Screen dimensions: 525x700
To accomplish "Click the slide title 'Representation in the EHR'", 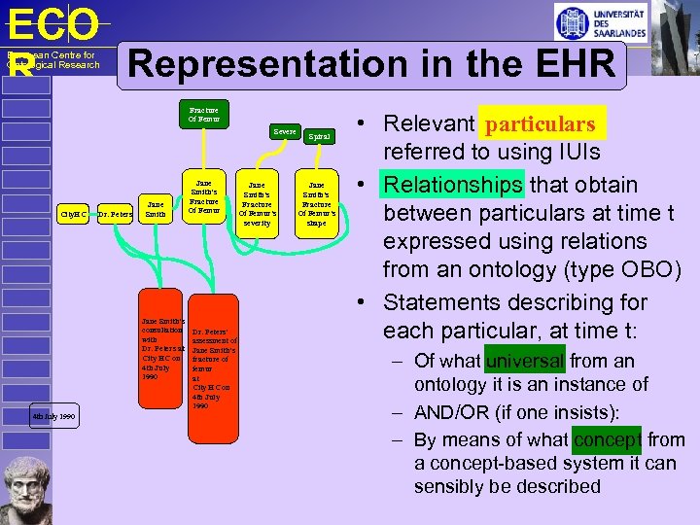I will coord(371,65).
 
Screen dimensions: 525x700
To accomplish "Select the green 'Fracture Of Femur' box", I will coord(203,114).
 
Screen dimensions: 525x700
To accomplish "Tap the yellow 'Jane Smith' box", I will coord(156,209).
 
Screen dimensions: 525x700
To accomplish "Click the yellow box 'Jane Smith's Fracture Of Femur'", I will coord(203,197).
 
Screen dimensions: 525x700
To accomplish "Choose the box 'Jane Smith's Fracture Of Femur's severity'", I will coord(258,203).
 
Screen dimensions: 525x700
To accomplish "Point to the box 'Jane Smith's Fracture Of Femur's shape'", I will coord(317,203).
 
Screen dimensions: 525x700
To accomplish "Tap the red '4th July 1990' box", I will coord(52,417).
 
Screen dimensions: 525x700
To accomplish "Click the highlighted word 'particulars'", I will coord(541,124).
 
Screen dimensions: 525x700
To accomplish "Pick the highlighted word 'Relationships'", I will coord(454,185).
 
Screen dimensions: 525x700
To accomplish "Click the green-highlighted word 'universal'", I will coord(525,361).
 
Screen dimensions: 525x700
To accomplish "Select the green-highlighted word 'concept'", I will coord(607,440).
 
